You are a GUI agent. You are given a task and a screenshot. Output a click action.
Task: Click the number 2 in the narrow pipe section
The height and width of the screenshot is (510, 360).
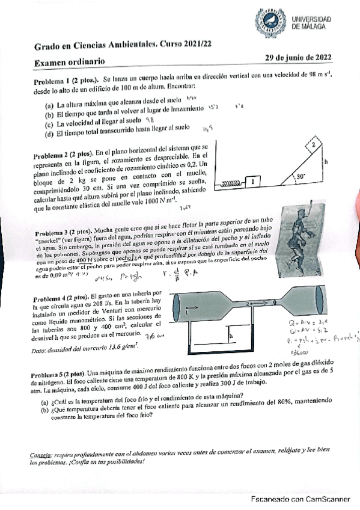pyautogui.click(x=248, y=304)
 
